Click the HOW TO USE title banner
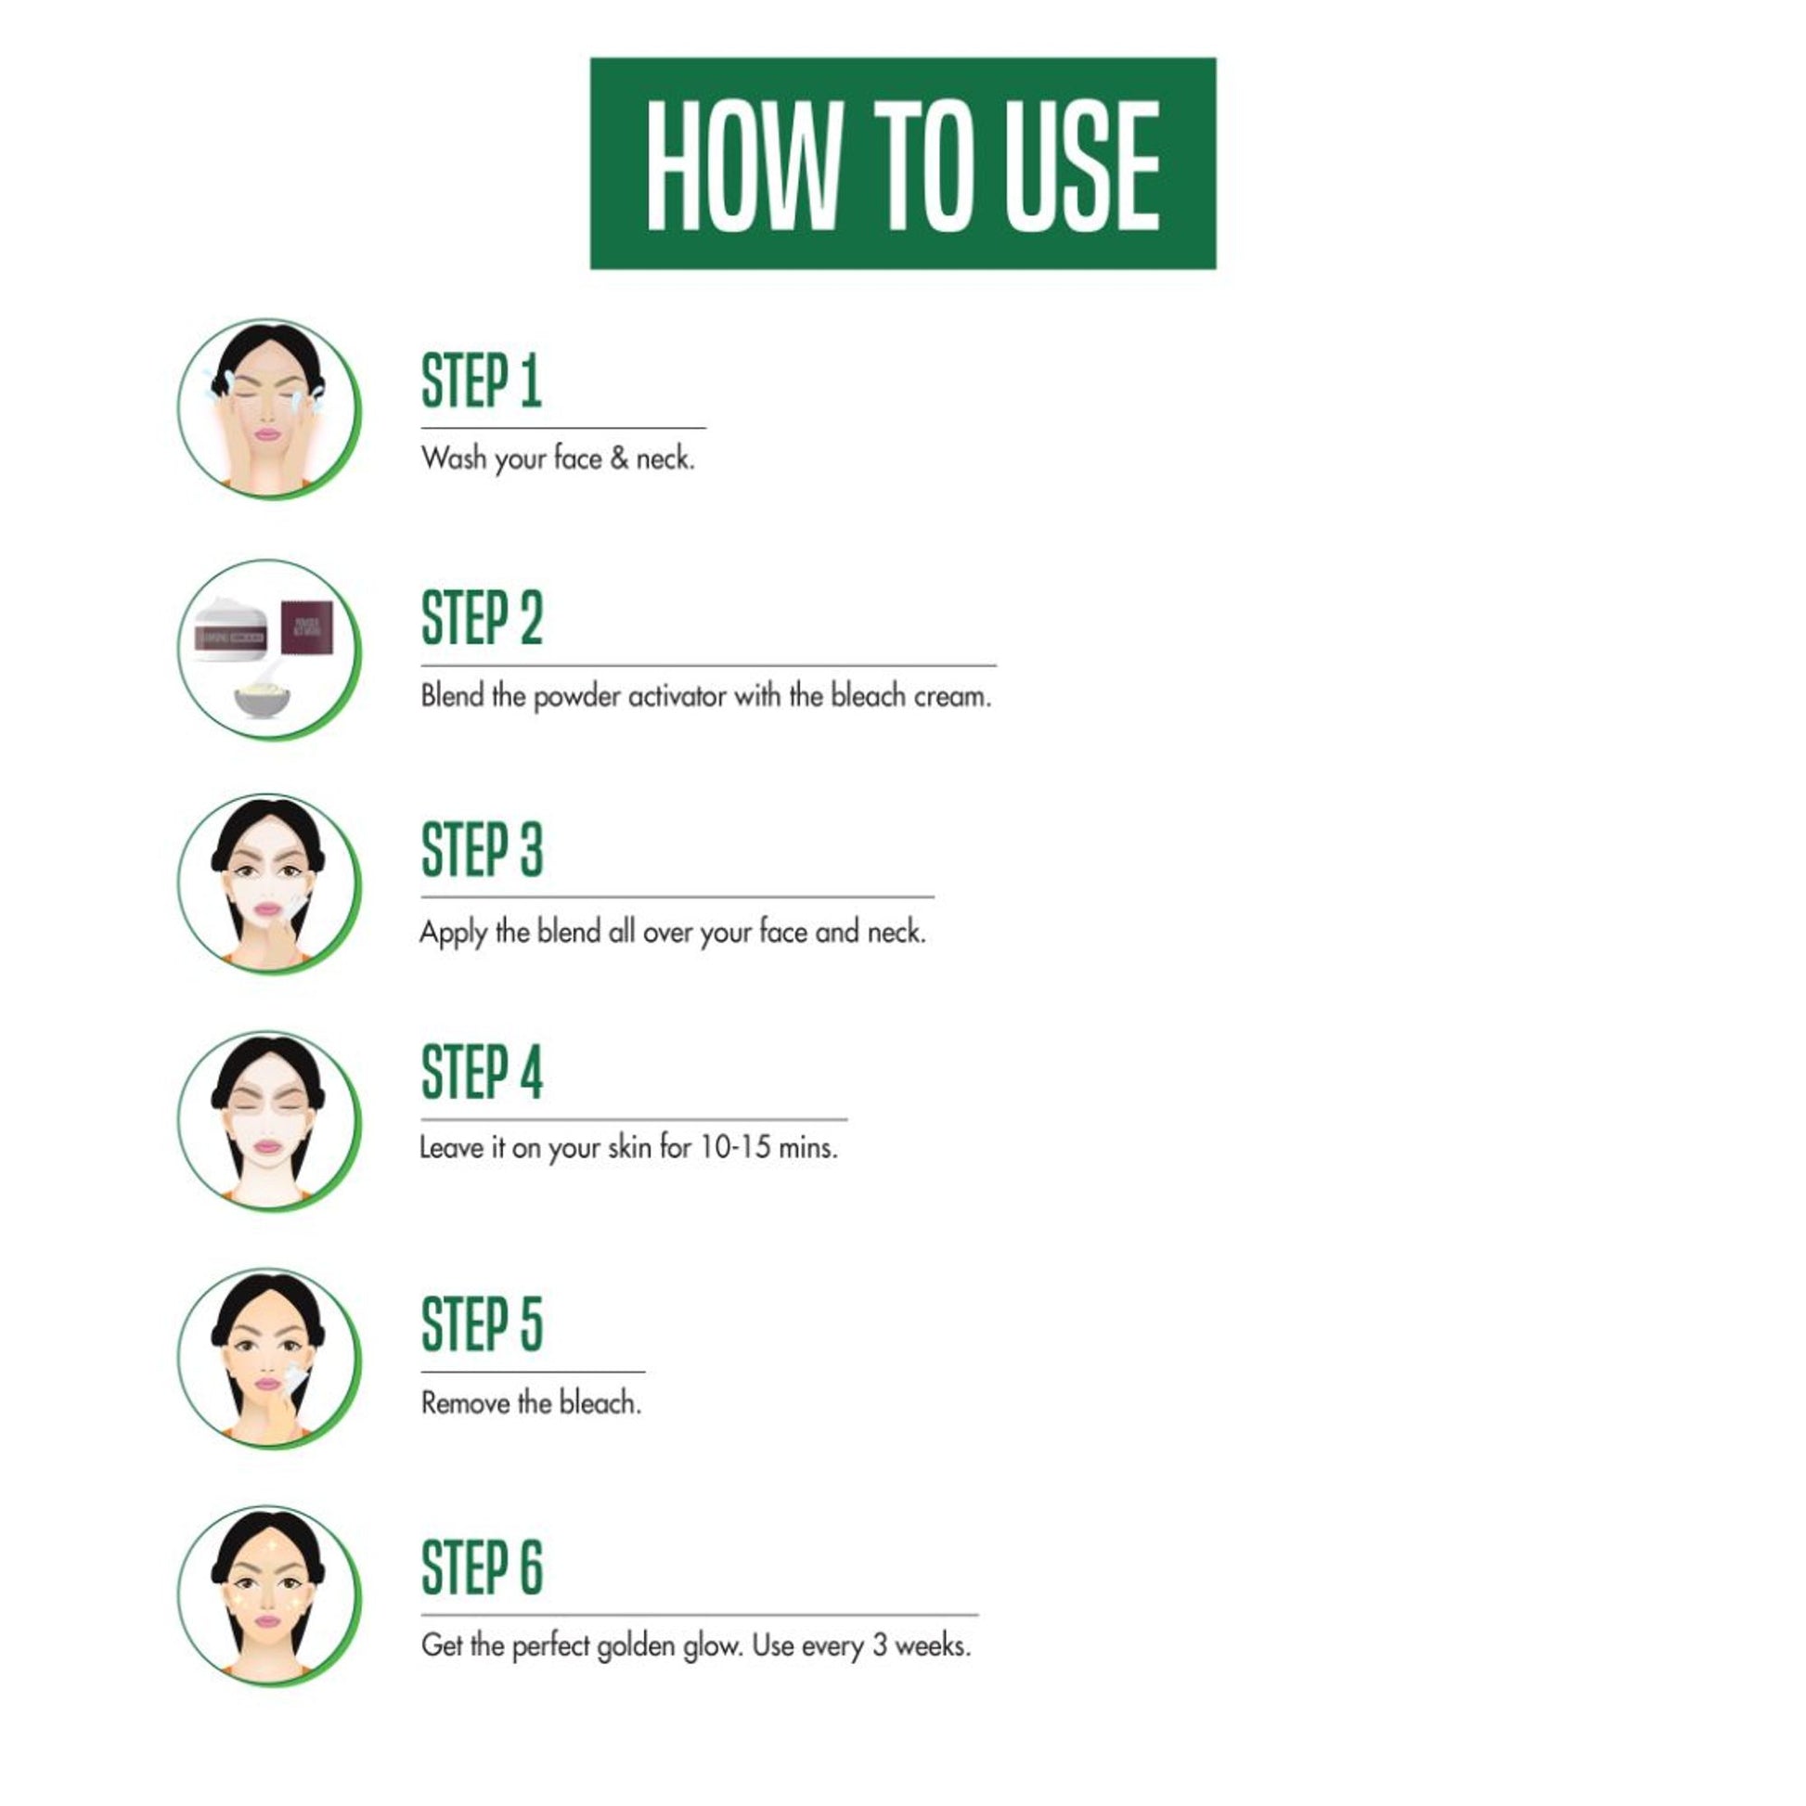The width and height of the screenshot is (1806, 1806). click(903, 163)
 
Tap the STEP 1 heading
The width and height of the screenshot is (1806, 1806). click(482, 381)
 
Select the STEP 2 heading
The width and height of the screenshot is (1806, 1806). click(483, 618)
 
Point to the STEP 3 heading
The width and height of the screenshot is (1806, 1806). click(483, 850)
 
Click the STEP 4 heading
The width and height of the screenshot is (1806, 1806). click(483, 1072)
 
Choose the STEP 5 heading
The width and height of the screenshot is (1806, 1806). click(483, 1324)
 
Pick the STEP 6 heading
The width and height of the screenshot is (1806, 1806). click(483, 1567)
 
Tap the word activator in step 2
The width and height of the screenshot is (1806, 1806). click(677, 696)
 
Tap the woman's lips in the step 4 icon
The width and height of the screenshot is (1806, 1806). click(268, 1146)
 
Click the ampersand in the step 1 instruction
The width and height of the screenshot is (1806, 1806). click(619, 458)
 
